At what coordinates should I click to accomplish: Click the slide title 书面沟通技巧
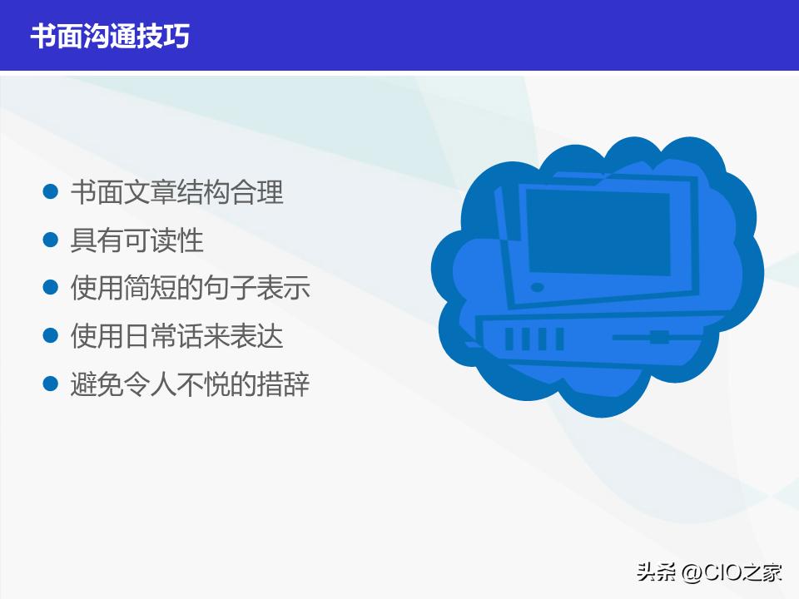pyautogui.click(x=110, y=37)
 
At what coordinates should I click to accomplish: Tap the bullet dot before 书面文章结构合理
pyautogui.click(x=51, y=192)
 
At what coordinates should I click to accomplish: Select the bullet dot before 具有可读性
pyautogui.click(x=51, y=240)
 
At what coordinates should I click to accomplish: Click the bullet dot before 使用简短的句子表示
pyautogui.click(x=51, y=289)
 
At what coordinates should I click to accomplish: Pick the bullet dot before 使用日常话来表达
pyautogui.click(x=51, y=337)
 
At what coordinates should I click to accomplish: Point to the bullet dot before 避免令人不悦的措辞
pyautogui.click(x=51, y=385)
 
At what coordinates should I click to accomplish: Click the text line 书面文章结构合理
pyautogui.click(x=176, y=192)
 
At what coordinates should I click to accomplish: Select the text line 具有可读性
pyautogui.click(x=136, y=240)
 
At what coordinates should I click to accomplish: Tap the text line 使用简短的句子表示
pyautogui.click(x=190, y=289)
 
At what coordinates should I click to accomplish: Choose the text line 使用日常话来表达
pyautogui.click(x=176, y=337)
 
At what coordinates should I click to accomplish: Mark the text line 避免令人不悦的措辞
pyautogui.click(x=190, y=385)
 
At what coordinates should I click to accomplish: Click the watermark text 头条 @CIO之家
pyautogui.click(x=709, y=572)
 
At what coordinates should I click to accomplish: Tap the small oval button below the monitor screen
pyautogui.click(x=538, y=288)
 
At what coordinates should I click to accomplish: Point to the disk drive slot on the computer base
pyautogui.click(x=658, y=337)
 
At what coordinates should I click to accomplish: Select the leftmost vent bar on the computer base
pyautogui.click(x=509, y=339)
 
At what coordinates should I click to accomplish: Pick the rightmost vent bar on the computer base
pyautogui.click(x=558, y=339)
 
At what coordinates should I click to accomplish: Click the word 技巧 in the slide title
pyautogui.click(x=170, y=37)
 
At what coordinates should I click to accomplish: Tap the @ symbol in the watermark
pyautogui.click(x=690, y=572)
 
